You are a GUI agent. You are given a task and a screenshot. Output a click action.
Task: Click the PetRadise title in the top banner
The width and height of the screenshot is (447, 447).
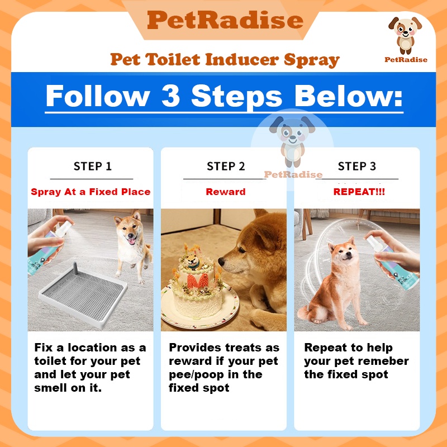(x=225, y=20)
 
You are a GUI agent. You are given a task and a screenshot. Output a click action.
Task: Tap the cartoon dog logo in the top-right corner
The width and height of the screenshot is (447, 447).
(x=405, y=35)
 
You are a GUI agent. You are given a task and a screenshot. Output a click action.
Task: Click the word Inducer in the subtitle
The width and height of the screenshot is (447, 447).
(x=241, y=59)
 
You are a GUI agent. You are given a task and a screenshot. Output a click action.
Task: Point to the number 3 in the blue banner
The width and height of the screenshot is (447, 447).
(x=170, y=96)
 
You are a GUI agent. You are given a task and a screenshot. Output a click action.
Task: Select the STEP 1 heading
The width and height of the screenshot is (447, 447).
(x=92, y=166)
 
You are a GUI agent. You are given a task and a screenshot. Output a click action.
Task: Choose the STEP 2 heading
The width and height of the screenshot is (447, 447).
(x=226, y=166)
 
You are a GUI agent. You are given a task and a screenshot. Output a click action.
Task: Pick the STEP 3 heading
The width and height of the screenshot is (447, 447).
(x=357, y=166)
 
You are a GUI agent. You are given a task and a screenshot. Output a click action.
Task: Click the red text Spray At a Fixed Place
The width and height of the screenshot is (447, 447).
(x=91, y=192)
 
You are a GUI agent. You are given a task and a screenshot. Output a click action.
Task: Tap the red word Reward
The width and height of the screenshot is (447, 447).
(x=226, y=192)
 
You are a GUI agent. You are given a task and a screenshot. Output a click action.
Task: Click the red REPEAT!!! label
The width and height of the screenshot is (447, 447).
(x=359, y=192)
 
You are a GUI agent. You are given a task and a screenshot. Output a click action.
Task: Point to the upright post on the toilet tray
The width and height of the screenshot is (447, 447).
(x=76, y=268)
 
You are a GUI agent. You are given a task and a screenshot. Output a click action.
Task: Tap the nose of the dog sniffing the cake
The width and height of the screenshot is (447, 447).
(x=221, y=261)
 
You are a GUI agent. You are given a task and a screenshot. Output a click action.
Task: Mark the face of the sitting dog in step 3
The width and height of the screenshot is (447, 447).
(x=343, y=253)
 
